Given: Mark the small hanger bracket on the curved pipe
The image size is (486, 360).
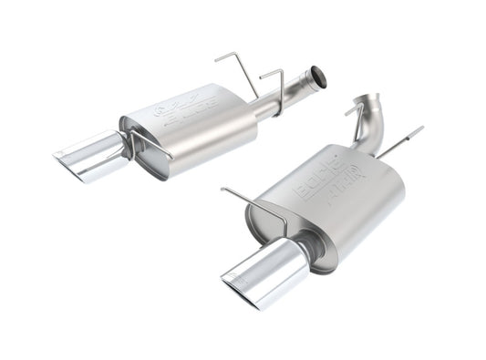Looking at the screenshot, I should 354,113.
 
